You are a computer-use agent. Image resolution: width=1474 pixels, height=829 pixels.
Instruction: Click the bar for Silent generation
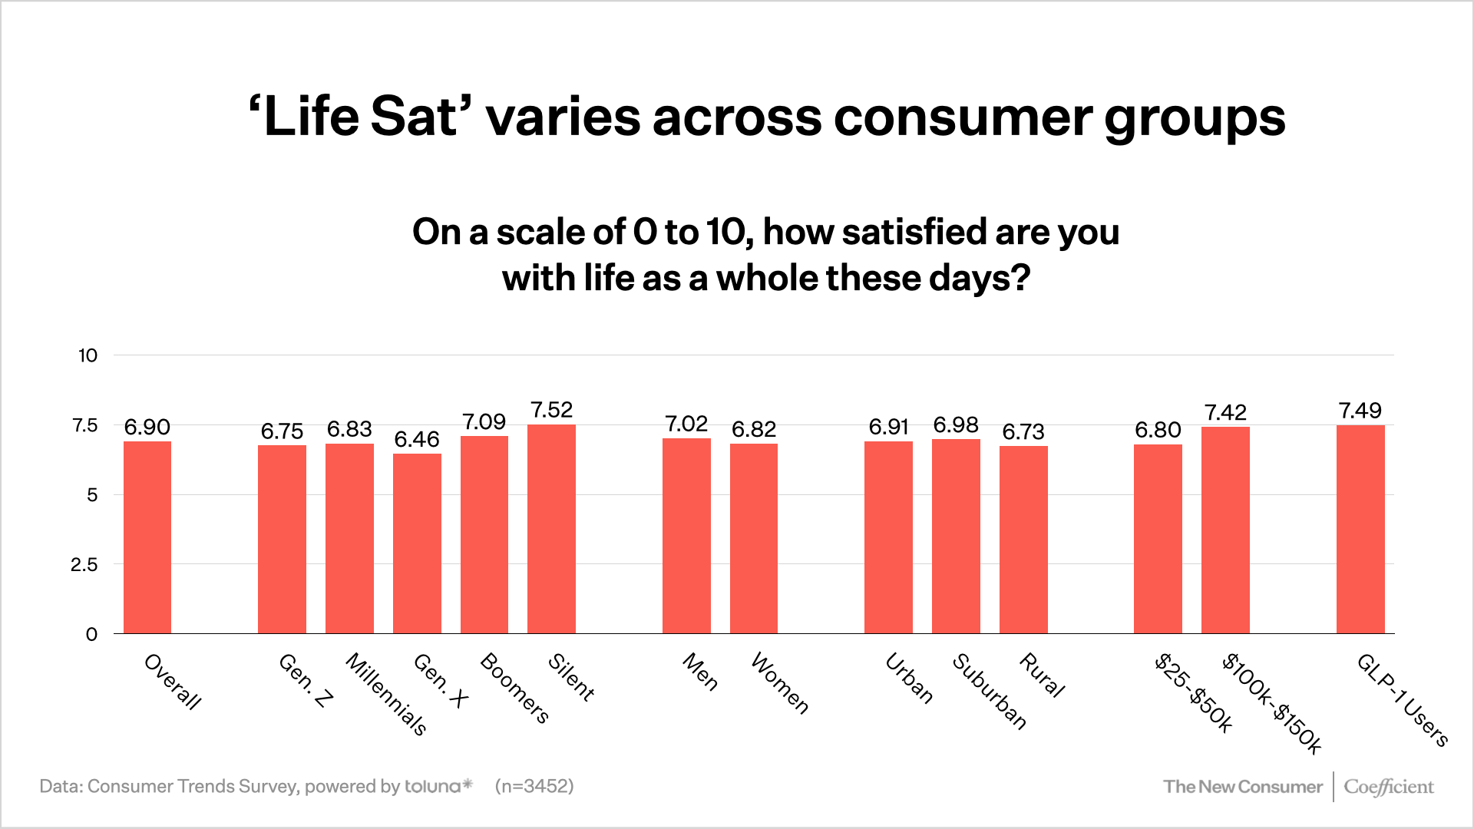pyautogui.click(x=551, y=530)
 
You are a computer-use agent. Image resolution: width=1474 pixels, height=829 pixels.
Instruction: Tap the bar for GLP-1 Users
pyautogui.click(x=1360, y=530)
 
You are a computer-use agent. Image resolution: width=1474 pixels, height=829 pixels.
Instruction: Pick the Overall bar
pyautogui.click(x=147, y=537)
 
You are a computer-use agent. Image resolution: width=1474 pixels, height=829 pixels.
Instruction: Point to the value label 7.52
pyautogui.click(x=551, y=410)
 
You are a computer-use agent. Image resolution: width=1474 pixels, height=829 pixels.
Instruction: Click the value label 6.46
pyautogui.click(x=417, y=439)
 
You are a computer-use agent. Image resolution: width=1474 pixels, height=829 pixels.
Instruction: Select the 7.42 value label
pyautogui.click(x=1225, y=413)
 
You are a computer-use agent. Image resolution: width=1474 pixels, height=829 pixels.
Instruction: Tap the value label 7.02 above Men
pyautogui.click(x=686, y=424)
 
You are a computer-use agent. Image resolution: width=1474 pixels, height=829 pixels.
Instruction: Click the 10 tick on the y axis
pyautogui.click(x=88, y=355)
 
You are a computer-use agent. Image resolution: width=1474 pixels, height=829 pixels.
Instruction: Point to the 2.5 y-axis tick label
pyautogui.click(x=84, y=565)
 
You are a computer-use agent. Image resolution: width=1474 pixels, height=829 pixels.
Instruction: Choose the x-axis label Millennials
pyautogui.click(x=385, y=694)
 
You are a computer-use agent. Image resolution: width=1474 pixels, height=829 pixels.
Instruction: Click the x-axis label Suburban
pyautogui.click(x=989, y=692)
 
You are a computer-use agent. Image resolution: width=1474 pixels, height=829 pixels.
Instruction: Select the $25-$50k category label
pyautogui.click(x=1193, y=693)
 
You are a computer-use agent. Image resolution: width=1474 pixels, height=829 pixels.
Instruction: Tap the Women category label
pyautogui.click(x=779, y=683)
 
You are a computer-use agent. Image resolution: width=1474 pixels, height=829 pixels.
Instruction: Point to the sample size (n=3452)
pyautogui.click(x=534, y=786)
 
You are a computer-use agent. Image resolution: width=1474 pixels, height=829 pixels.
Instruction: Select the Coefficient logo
pyautogui.click(x=1388, y=787)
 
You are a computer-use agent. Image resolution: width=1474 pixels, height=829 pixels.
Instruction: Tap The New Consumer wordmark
pyautogui.click(x=1242, y=787)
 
